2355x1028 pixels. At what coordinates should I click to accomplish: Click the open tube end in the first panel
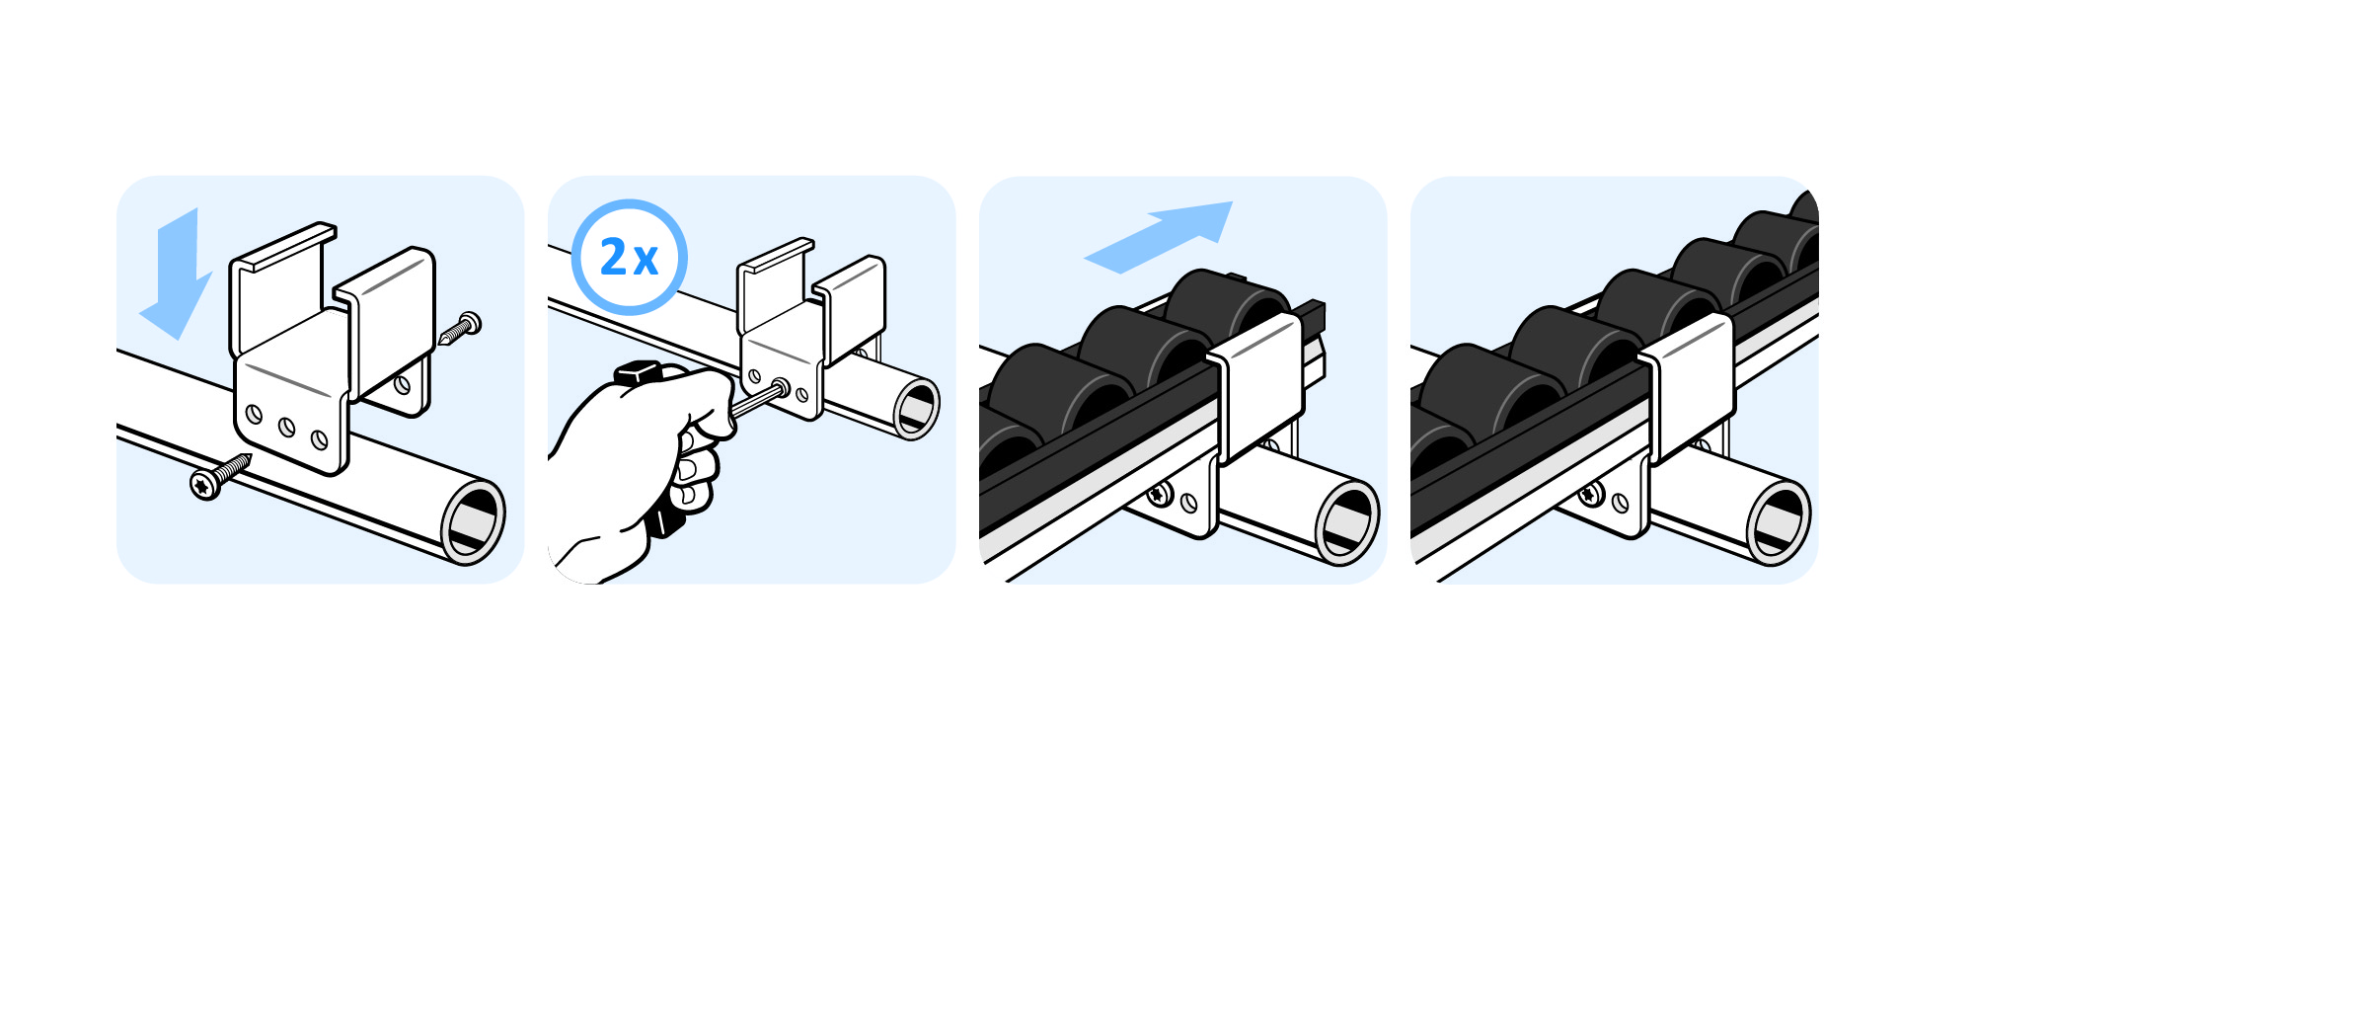(x=473, y=522)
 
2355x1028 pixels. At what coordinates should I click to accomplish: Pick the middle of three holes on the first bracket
(x=286, y=428)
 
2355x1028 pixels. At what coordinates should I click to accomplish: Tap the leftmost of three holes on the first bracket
(x=254, y=415)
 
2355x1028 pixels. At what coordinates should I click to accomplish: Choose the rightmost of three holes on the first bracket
(x=319, y=439)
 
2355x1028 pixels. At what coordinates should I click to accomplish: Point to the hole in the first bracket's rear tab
(x=403, y=384)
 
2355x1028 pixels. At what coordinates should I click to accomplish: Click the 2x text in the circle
(x=629, y=258)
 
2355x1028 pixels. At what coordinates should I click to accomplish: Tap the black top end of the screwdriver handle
(x=638, y=373)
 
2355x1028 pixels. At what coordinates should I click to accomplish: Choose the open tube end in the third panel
(x=1347, y=522)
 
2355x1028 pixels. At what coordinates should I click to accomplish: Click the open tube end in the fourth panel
(x=1779, y=522)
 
